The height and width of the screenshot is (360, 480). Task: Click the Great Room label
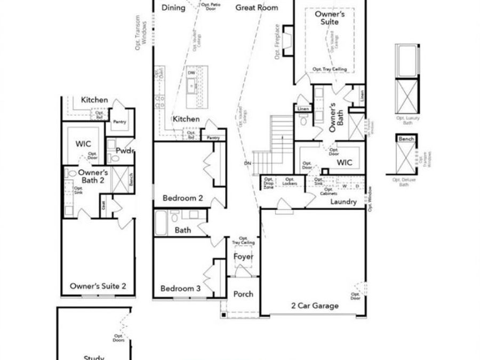(x=257, y=7)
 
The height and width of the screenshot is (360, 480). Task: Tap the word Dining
(x=173, y=7)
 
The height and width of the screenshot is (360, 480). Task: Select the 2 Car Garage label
(x=314, y=306)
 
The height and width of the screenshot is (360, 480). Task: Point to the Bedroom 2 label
(x=182, y=198)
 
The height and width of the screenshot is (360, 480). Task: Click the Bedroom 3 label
(x=180, y=289)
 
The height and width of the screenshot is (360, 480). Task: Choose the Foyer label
(x=244, y=257)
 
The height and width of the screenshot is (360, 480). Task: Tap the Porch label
(x=244, y=294)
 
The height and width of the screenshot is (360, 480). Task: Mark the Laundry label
(x=343, y=202)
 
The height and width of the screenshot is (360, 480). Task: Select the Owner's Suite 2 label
(x=98, y=286)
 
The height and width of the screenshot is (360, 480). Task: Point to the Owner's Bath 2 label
(x=93, y=177)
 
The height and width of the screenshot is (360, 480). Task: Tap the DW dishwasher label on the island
(x=191, y=73)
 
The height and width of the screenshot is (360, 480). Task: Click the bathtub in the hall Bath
(x=161, y=223)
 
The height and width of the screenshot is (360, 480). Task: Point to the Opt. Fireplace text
(x=277, y=42)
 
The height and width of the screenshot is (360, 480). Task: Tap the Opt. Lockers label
(x=290, y=181)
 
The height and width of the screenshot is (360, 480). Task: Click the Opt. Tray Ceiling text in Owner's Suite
(x=330, y=69)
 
